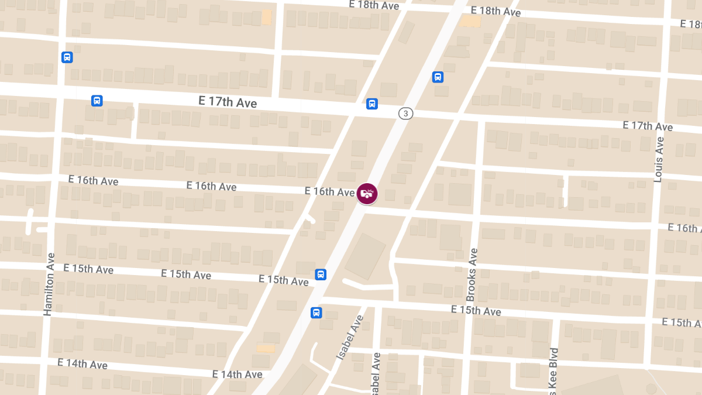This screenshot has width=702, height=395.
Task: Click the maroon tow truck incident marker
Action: click(367, 194)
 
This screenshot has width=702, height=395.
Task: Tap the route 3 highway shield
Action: click(405, 114)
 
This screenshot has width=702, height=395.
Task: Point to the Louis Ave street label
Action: click(659, 159)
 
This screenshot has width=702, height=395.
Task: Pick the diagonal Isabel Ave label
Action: click(350, 337)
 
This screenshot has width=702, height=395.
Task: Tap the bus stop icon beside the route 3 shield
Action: click(372, 104)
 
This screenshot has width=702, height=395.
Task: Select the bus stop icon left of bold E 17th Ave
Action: click(97, 101)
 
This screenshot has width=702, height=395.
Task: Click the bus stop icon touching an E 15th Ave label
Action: click(321, 274)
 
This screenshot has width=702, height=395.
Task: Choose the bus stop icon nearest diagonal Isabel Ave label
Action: click(316, 312)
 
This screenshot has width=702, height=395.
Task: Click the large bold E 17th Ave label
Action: click(228, 102)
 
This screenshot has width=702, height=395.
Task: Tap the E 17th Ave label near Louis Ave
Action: click(648, 126)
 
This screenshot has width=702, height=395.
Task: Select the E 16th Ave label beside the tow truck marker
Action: click(329, 191)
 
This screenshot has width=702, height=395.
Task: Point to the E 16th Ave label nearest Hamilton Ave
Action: click(93, 180)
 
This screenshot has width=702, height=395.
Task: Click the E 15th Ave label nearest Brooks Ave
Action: click(476, 310)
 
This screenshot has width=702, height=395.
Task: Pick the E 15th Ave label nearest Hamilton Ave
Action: click(88, 269)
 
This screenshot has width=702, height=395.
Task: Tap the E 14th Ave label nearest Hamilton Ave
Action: click(82, 363)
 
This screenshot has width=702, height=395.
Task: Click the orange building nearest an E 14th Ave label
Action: click(266, 348)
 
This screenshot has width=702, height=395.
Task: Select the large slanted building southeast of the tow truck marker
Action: click(365, 256)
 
